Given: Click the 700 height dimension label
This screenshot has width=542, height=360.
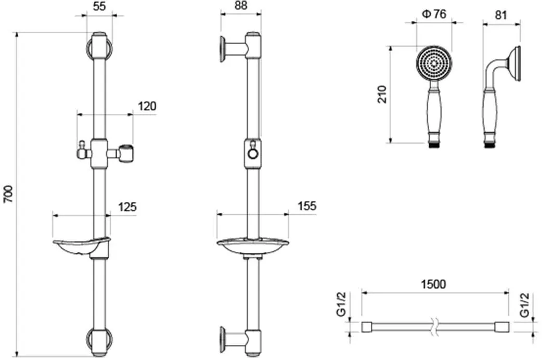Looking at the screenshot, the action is [x=8, y=195].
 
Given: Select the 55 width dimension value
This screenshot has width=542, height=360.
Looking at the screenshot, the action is [x=99, y=6].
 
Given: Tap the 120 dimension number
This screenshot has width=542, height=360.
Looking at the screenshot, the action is [x=147, y=106].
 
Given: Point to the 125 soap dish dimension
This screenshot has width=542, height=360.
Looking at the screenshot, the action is [x=127, y=207].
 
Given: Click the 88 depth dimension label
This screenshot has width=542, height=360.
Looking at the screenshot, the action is [x=241, y=6].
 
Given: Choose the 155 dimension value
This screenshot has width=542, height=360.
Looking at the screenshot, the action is [x=307, y=206].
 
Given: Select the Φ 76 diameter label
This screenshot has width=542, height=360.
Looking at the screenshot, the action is [x=434, y=14].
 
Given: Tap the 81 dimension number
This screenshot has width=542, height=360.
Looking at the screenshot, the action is [x=501, y=15].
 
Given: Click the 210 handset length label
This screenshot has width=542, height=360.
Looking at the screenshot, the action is [x=382, y=94].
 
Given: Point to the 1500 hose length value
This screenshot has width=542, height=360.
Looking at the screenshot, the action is [x=433, y=284].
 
